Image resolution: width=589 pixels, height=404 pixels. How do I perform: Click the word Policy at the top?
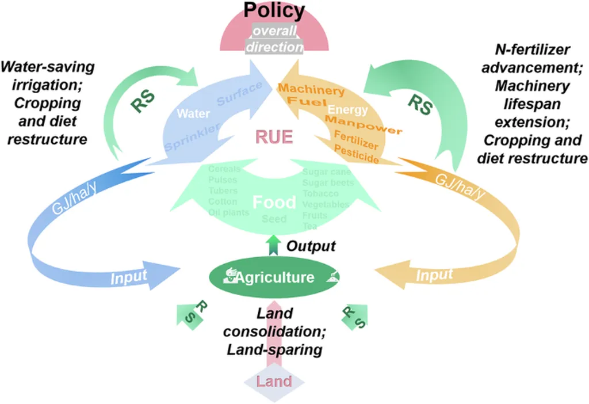(274, 10)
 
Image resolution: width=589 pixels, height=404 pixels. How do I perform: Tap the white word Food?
(274, 203)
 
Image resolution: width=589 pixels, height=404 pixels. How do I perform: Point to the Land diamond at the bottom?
(274, 381)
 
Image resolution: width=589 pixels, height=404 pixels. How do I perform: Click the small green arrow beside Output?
(274, 244)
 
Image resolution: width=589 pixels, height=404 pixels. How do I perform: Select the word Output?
(311, 246)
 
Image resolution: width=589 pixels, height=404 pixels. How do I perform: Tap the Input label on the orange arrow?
(434, 276)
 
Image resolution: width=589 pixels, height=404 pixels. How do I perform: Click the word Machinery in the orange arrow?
(311, 90)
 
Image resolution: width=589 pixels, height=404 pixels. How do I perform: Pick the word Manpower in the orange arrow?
(363, 125)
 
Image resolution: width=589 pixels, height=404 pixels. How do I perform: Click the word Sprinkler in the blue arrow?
(192, 139)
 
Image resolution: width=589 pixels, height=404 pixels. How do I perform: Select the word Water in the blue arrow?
(193, 113)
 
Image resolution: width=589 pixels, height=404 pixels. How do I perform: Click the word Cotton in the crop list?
(222, 202)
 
